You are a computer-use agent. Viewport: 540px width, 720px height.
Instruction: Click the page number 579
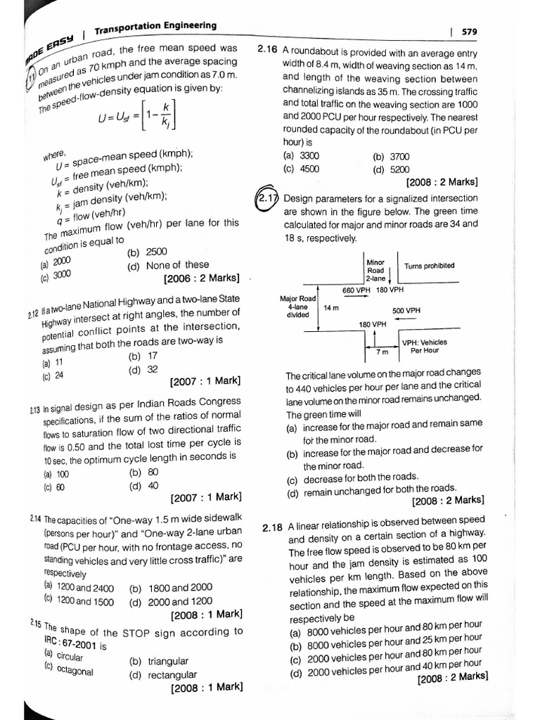470,31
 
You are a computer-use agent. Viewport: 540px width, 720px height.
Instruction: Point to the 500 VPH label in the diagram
406,309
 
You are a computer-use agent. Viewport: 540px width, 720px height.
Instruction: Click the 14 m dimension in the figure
330,307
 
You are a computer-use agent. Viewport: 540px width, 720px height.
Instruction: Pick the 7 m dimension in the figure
382,351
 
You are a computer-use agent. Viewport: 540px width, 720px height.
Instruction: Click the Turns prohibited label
429,266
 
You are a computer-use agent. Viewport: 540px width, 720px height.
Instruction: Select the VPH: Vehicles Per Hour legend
425,346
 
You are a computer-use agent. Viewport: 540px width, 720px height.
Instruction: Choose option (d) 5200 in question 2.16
390,169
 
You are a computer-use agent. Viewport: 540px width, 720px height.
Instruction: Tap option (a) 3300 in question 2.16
301,156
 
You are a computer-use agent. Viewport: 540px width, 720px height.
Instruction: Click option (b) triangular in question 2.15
159,661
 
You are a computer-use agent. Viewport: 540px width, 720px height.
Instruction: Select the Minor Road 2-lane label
376,270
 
